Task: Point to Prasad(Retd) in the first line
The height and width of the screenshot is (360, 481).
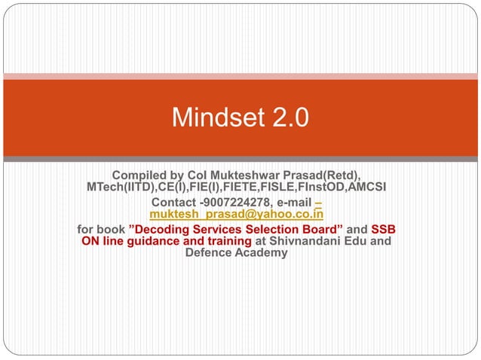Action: (320, 175)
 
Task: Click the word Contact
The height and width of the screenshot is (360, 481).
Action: (175, 203)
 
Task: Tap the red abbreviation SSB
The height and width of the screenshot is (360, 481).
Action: (384, 229)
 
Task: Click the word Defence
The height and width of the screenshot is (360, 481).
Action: (209, 253)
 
